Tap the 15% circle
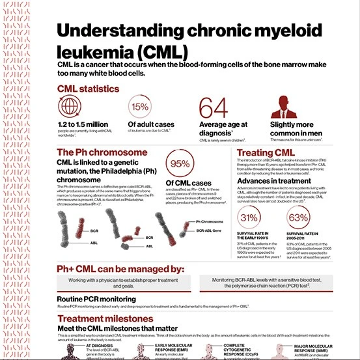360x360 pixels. [140, 106]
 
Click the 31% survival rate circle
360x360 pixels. [251, 217]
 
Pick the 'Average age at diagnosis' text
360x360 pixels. [223, 129]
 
